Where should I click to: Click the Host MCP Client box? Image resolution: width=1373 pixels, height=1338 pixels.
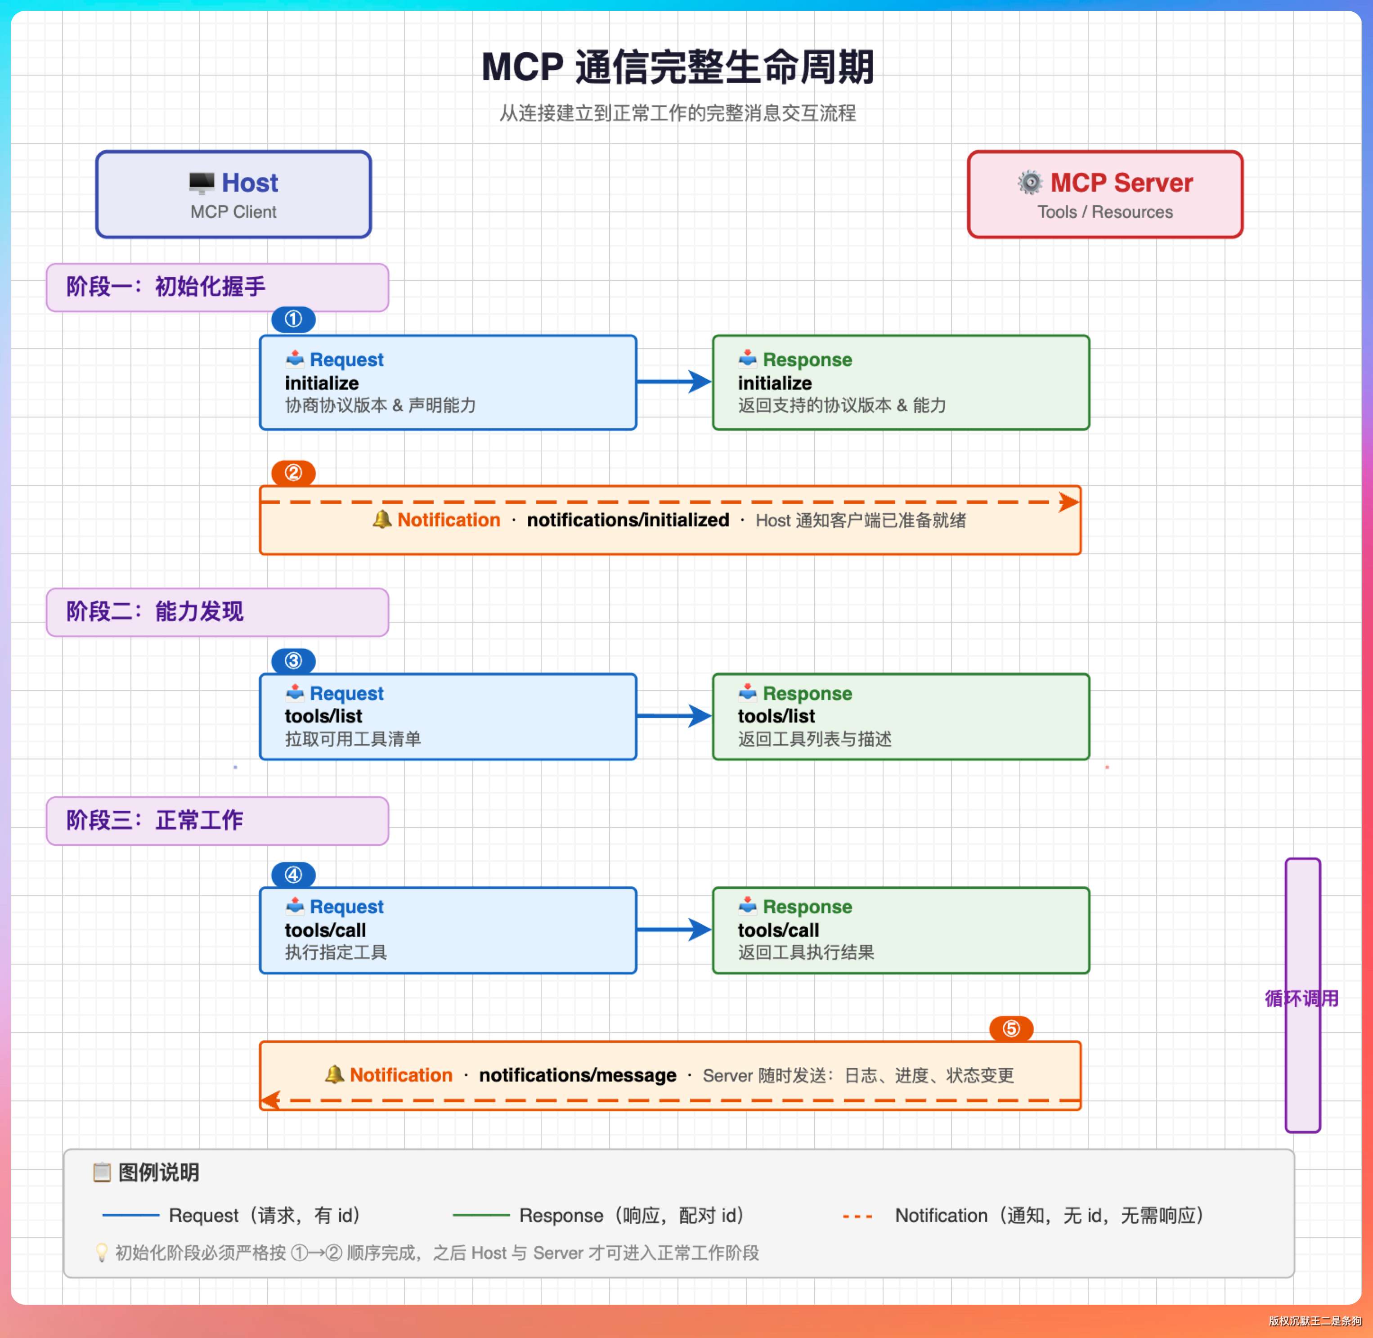pyautogui.click(x=233, y=195)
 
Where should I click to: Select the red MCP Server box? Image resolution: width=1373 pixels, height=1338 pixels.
pyautogui.click(x=1105, y=195)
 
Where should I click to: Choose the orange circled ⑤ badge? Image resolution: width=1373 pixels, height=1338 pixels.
pyautogui.click(x=1011, y=1029)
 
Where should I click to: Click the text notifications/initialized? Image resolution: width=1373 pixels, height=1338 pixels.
pyautogui.click(x=628, y=520)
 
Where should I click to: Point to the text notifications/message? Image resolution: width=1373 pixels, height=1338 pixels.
pyautogui.click(x=578, y=1075)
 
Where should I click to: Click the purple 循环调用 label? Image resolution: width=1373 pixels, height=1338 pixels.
pyautogui.click(x=1301, y=999)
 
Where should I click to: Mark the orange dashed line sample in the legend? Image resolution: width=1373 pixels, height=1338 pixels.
pyautogui.click(x=857, y=1216)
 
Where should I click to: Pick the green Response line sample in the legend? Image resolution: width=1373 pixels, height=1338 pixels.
pyautogui.click(x=481, y=1215)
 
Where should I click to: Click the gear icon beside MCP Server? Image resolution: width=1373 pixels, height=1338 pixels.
pyautogui.click(x=1030, y=183)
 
